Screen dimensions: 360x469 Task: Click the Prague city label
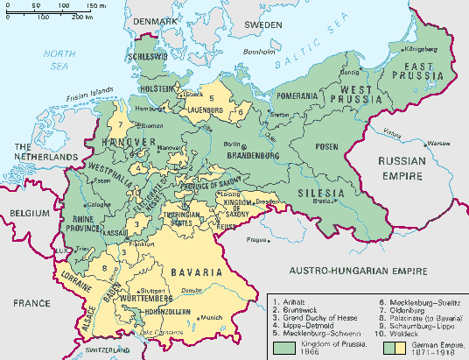click(x=255, y=239)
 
